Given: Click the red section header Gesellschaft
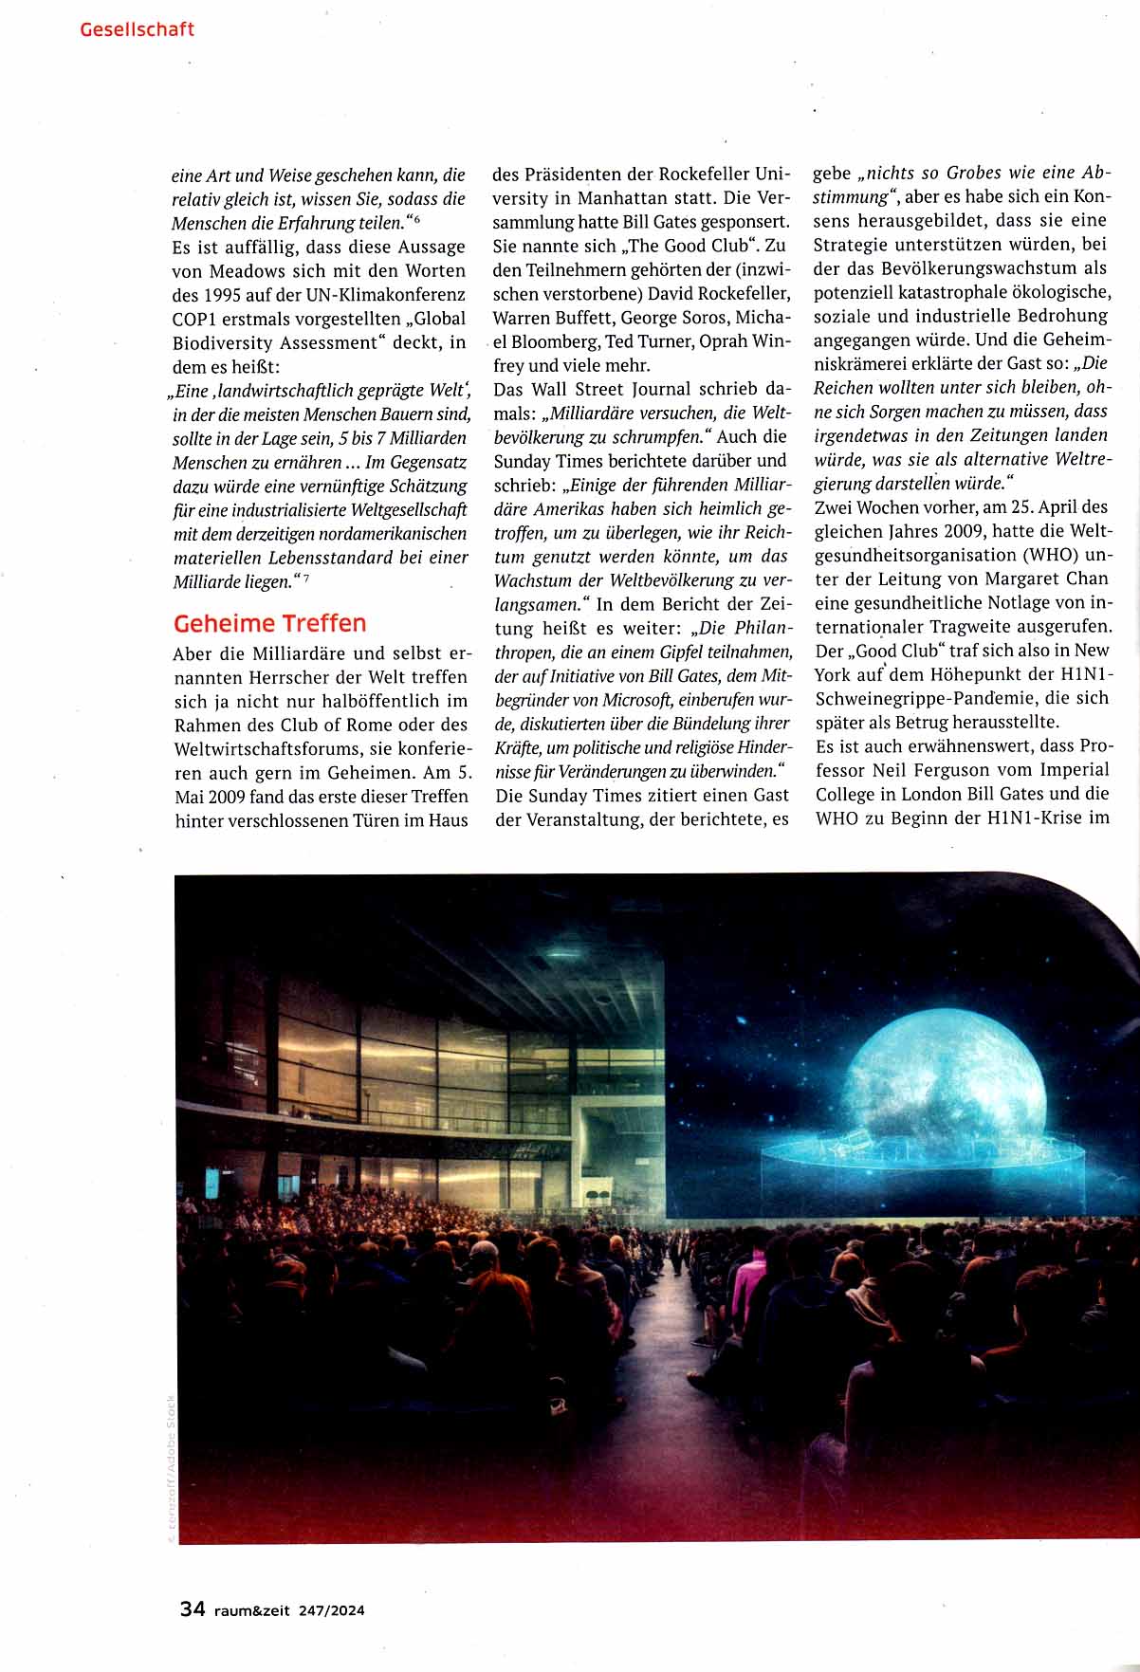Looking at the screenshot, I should (137, 29).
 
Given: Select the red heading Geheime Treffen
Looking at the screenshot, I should (269, 623).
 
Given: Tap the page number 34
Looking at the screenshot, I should (193, 1608).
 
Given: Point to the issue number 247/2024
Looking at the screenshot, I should (331, 1609).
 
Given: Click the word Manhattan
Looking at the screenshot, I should (622, 198).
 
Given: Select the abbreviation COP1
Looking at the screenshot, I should (196, 319).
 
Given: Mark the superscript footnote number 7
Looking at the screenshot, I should (306, 579).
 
